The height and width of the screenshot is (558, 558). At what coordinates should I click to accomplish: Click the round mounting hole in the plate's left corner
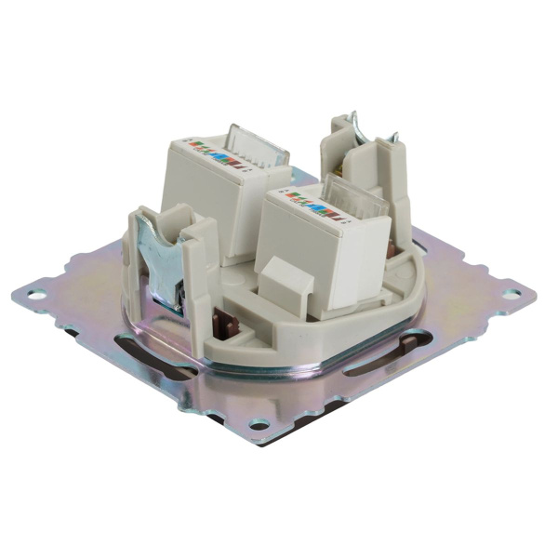pos(36,296)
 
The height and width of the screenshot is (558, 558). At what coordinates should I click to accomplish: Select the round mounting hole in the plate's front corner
pos(259,424)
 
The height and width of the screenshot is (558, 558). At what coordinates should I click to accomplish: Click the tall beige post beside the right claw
pos(395,195)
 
